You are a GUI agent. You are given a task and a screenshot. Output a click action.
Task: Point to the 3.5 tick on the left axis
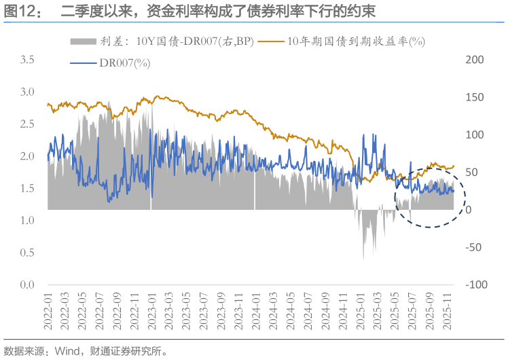coord(27,60)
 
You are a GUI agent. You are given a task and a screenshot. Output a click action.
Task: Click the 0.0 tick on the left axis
coord(27,284)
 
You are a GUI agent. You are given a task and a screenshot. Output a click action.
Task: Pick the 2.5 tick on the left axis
coord(27,124)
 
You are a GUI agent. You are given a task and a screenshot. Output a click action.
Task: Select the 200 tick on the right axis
coord(475,60)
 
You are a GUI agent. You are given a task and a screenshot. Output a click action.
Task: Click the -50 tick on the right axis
coord(475,247)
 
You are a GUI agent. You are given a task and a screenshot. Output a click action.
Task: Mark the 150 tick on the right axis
coord(475,97)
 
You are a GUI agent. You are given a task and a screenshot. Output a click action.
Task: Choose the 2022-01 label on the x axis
coord(48,312)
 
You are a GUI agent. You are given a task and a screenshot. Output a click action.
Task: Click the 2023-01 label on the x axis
coord(151,312)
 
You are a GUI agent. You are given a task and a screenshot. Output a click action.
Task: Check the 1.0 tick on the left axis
coord(27,220)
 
